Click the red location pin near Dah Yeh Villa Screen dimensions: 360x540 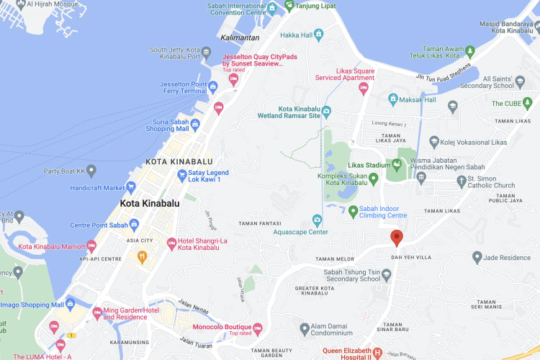coord(396,238)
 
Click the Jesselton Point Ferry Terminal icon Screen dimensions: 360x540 coord(213,88)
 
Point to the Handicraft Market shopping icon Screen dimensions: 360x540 coord(131,188)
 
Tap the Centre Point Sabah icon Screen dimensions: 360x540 coord(134,225)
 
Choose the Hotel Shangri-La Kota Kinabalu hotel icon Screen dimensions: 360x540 coord(171,243)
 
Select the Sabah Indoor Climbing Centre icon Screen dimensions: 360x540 coord(353,211)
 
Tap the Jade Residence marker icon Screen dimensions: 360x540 coord(477,257)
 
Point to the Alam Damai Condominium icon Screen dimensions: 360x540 coord(305,329)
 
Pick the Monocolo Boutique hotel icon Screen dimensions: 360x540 coord(257,329)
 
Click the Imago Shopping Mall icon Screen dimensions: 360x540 coord(70,304)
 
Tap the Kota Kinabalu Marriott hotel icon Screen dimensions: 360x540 coord(91,246)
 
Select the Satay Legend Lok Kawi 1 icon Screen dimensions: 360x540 coord(182,176)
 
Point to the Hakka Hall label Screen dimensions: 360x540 coord(297,35)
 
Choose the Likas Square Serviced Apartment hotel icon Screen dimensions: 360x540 coord(364,88)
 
